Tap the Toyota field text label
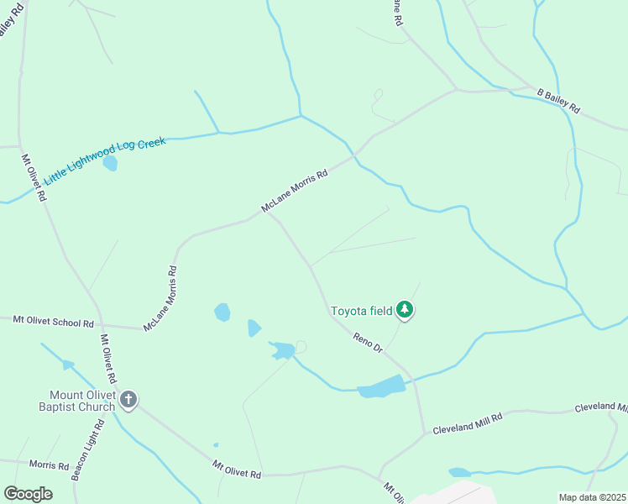[361, 311]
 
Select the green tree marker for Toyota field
[406, 310]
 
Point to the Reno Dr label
[368, 342]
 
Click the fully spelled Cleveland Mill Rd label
[467, 423]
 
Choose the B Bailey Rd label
[559, 100]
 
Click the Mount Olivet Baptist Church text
[81, 402]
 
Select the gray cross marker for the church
[128, 400]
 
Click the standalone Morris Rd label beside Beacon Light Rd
[49, 465]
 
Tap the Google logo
[28, 494]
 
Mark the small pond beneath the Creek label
[110, 163]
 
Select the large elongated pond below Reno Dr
[382, 387]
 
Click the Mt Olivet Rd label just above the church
[108, 359]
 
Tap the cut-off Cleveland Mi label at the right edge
[601, 407]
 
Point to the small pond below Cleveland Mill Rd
[459, 472]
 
